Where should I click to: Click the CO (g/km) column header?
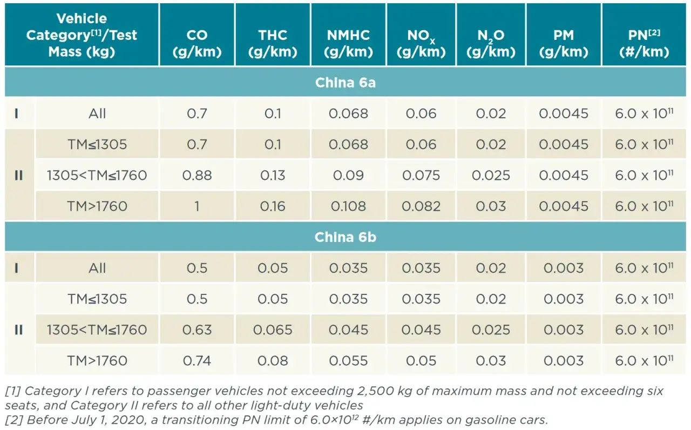[197, 43]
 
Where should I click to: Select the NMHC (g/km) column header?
[348, 43]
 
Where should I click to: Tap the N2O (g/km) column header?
[491, 43]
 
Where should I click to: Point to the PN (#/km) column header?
[645, 43]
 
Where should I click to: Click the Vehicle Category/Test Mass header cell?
[82, 35]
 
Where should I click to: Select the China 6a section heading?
[345, 83]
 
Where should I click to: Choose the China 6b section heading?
[345, 237]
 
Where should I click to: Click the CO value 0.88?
[197, 176]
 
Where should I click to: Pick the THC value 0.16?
[273, 206]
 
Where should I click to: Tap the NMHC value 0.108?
[348, 206]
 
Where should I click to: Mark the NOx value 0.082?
[421, 206]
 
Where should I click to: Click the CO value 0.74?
[197, 361]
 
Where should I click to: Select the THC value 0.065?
[273, 330]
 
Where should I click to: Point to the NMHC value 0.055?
[348, 361]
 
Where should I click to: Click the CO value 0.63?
[197, 330]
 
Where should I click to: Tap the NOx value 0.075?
[421, 176]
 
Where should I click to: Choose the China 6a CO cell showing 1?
[197, 206]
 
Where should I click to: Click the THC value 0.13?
[273, 176]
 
